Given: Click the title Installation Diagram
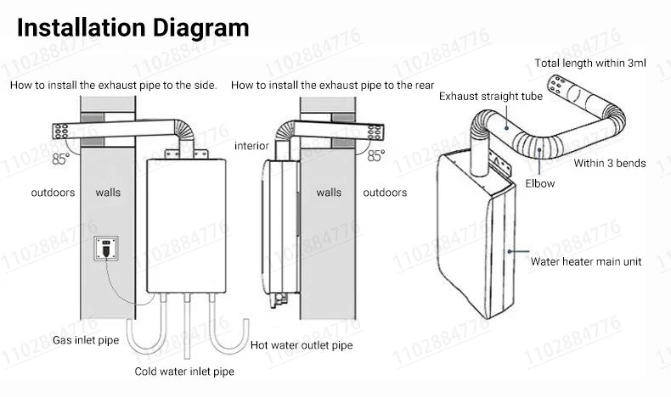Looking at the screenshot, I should click(133, 28).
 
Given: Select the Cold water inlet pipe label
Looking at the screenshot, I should click(184, 372).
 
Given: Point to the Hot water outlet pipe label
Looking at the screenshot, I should click(302, 346).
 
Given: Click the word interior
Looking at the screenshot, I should click(251, 146).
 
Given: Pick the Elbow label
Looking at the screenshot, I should click(540, 183).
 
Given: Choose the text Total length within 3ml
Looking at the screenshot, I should click(590, 63).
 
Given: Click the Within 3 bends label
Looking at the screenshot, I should click(609, 163).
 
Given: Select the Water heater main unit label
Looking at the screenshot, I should click(585, 262).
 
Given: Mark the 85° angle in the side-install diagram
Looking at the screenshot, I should click(61, 157).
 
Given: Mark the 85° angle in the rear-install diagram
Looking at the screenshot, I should click(375, 156).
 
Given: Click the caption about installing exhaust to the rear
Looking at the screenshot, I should click(332, 86).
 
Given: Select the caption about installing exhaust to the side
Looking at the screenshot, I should click(113, 86).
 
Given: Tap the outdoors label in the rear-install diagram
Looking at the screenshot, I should click(385, 193).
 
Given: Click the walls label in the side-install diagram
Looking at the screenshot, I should click(108, 193).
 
